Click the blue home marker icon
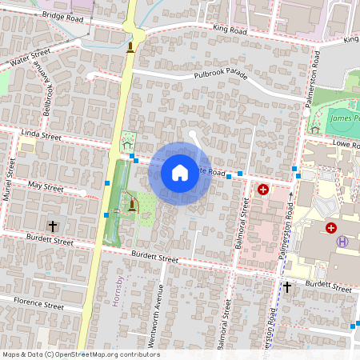180,172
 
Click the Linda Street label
42,137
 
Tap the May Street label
45,186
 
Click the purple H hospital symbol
342,242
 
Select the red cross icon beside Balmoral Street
263,190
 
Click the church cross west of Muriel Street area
53,226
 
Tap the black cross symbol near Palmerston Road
287,286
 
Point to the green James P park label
344,118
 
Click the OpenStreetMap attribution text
80,354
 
